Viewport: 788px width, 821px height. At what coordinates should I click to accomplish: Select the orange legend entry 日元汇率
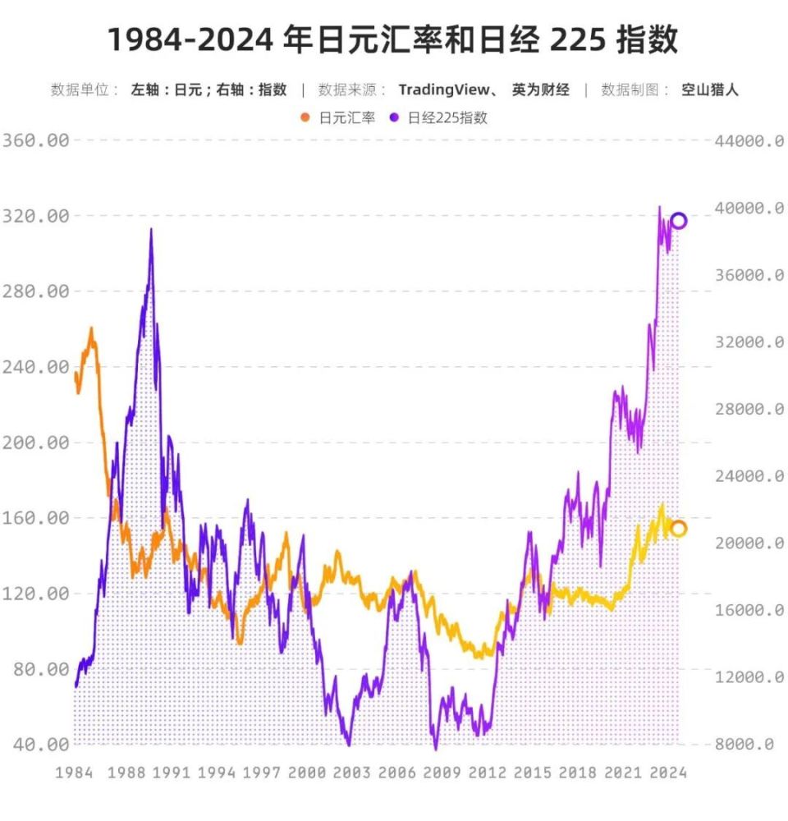click(338, 117)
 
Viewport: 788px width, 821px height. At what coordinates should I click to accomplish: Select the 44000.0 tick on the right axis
click(749, 140)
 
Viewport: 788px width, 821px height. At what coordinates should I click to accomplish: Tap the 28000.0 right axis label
click(749, 409)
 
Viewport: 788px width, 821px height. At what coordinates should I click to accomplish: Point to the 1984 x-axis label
click(73, 773)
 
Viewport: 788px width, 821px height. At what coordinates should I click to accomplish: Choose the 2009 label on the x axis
click(442, 773)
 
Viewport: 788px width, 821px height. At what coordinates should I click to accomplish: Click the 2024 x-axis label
click(667, 773)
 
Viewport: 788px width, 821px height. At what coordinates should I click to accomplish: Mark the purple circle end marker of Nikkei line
click(679, 221)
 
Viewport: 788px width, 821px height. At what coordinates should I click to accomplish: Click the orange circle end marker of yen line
click(678, 528)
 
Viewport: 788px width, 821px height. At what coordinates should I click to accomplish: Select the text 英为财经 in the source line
click(540, 90)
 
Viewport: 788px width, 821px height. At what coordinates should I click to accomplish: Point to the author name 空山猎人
click(709, 90)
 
